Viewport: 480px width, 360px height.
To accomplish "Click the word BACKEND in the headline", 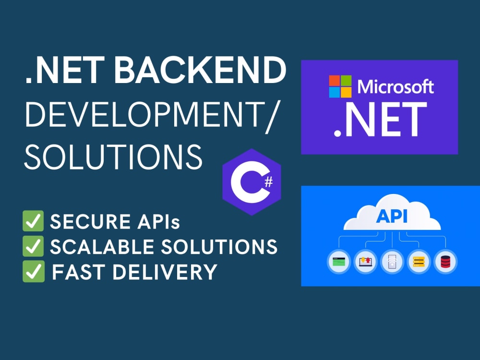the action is [x=200, y=70].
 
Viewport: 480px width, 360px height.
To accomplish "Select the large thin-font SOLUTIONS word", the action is [x=113, y=157].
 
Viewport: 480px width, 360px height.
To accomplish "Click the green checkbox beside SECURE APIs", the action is [x=33, y=221].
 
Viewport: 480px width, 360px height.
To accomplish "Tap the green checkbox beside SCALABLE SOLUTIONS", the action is [x=33, y=246].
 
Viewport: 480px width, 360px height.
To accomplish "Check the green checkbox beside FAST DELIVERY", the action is [x=34, y=271].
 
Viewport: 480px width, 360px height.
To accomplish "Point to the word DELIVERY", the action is [x=165, y=272].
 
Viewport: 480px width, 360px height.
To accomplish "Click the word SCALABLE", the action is [x=102, y=247].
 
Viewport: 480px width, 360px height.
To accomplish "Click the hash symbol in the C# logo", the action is [x=268, y=182].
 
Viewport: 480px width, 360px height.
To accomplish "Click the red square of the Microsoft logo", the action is [x=334, y=81].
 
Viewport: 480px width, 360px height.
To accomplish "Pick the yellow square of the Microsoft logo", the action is [x=346, y=93].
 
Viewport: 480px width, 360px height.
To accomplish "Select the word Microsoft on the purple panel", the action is [x=396, y=86].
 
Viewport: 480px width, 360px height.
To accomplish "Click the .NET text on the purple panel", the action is [x=380, y=120].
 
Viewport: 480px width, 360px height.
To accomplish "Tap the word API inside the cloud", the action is [x=392, y=217].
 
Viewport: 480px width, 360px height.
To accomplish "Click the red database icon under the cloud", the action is [x=445, y=262].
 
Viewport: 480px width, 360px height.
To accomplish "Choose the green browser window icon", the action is [x=339, y=262].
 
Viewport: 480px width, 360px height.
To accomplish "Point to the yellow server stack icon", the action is [x=419, y=262].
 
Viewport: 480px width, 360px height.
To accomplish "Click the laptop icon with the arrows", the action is [x=365, y=262].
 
